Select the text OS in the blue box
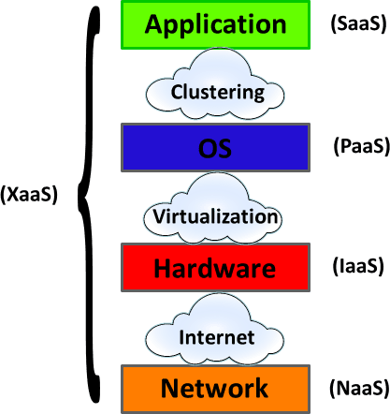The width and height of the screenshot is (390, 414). point(215,148)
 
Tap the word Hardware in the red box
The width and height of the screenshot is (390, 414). point(215,269)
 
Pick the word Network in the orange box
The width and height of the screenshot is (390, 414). point(215,388)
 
